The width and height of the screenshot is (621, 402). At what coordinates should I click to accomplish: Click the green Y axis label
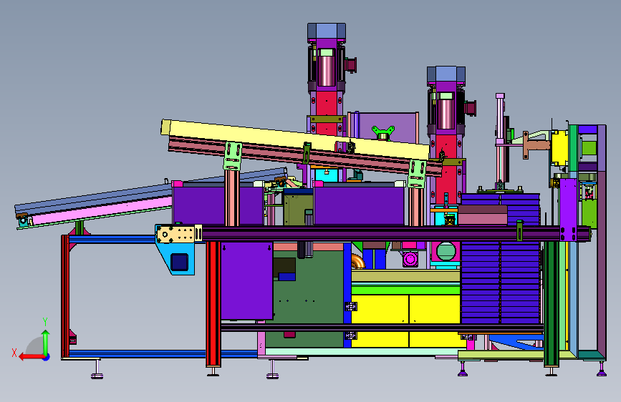45,322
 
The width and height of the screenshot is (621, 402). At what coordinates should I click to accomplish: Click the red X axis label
14,353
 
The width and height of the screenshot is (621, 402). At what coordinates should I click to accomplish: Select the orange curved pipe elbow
358,261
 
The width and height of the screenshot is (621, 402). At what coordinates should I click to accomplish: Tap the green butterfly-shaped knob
383,132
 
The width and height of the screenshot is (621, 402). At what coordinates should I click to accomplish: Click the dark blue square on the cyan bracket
179,262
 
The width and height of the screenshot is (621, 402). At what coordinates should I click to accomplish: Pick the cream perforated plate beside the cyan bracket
176,234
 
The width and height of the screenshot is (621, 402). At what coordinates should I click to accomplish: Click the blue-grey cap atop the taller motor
327,31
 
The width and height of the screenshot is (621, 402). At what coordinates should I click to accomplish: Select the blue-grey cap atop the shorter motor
446,74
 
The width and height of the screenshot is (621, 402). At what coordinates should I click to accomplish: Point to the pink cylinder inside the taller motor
327,70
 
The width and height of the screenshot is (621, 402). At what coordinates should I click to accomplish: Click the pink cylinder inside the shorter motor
446,114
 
